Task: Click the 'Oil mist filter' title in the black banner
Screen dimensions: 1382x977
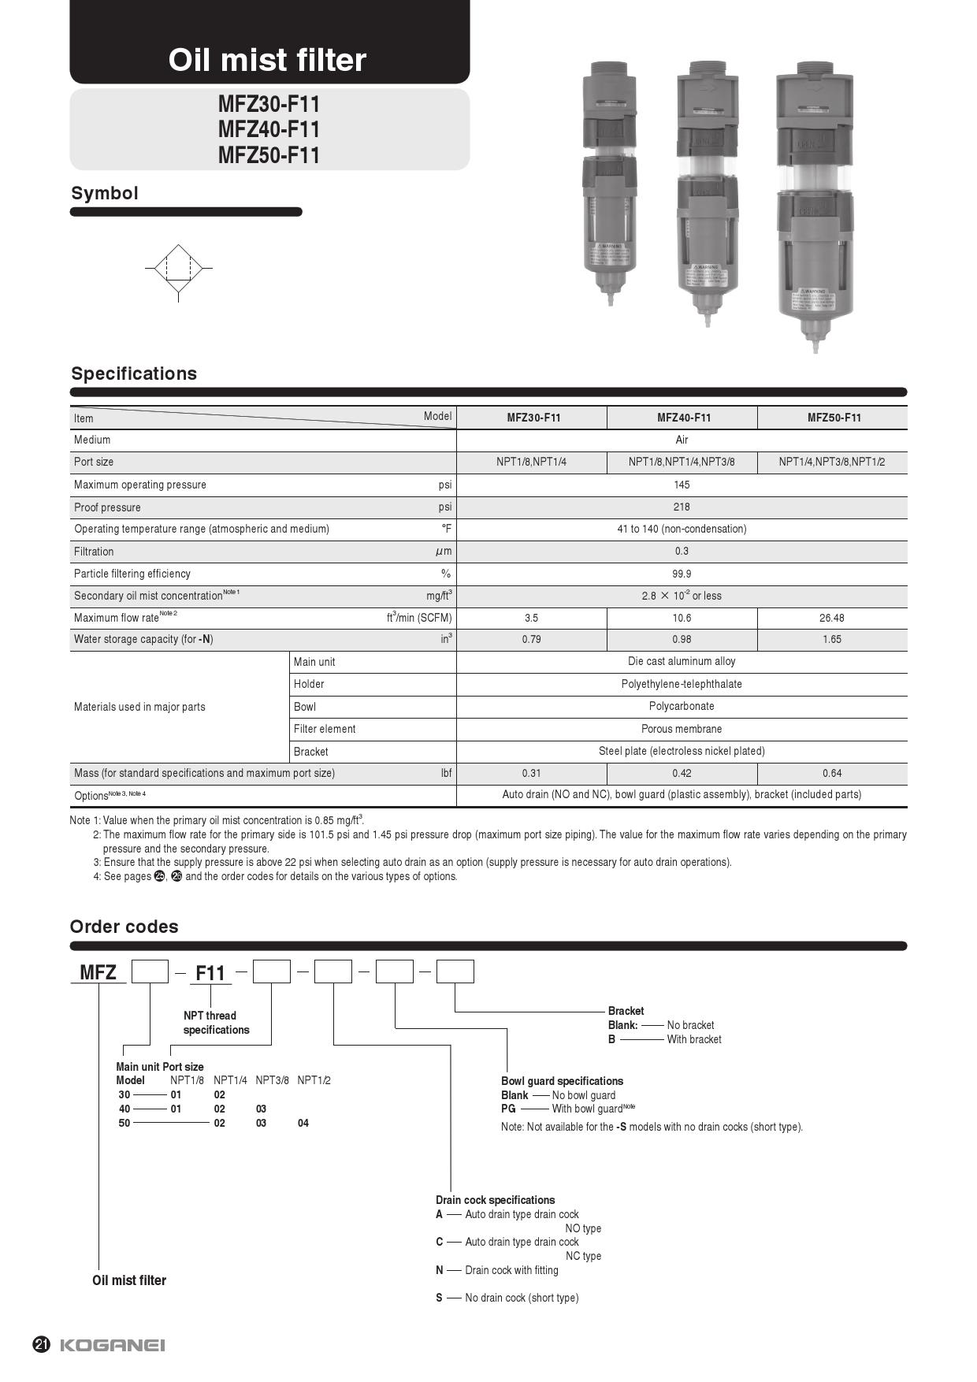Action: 267,60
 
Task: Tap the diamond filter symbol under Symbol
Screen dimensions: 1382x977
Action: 179,268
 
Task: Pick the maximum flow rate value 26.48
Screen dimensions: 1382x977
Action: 831,618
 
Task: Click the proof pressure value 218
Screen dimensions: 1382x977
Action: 682,507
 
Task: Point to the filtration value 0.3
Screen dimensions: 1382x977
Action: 682,552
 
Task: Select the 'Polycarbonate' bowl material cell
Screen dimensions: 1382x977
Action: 682,706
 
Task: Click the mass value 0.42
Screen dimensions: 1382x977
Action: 682,773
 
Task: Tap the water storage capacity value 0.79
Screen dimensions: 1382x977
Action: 531,639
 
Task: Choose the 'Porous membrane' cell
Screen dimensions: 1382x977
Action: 682,729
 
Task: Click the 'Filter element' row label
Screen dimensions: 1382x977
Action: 325,729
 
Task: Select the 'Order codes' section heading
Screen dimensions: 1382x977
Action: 124,927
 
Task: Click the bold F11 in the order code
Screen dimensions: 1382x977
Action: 210,973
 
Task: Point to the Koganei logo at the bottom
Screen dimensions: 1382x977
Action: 113,1345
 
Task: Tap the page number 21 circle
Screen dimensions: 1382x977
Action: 42,1345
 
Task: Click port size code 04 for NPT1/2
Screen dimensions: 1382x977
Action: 303,1123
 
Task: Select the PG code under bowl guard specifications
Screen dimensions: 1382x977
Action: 508,1109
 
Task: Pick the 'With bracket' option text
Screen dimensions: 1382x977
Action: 693,1039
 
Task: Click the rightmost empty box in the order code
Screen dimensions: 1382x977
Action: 455,971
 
